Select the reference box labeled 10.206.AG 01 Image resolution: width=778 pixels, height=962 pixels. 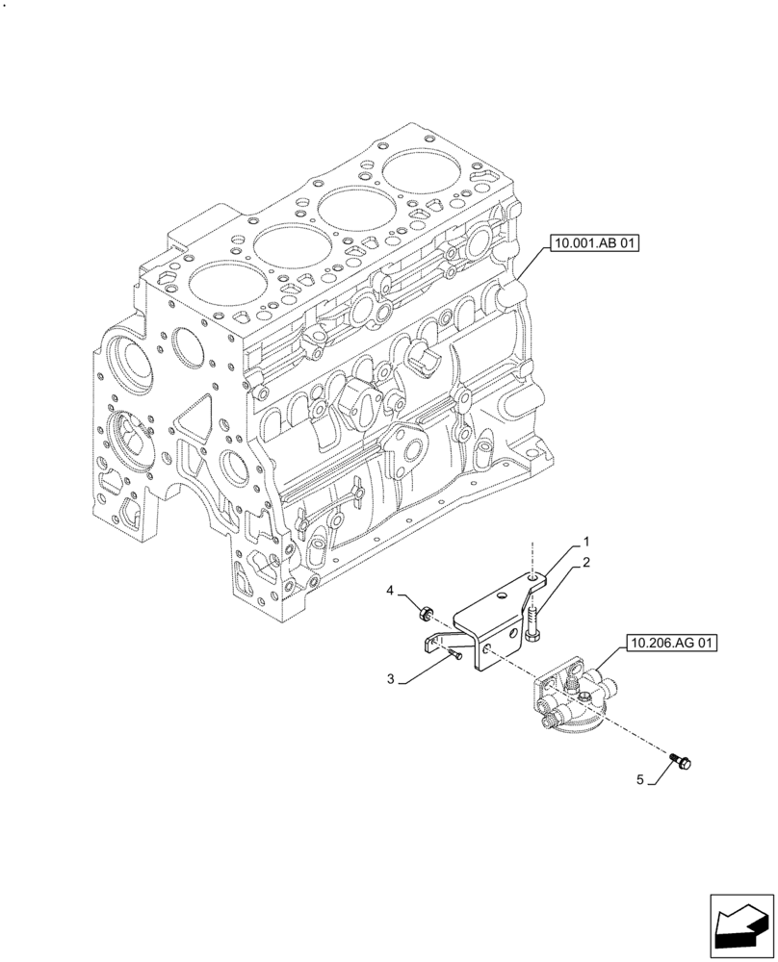pos(673,644)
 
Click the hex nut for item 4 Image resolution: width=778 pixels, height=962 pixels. pos(427,610)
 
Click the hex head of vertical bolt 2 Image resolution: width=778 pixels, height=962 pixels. pos(535,636)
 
